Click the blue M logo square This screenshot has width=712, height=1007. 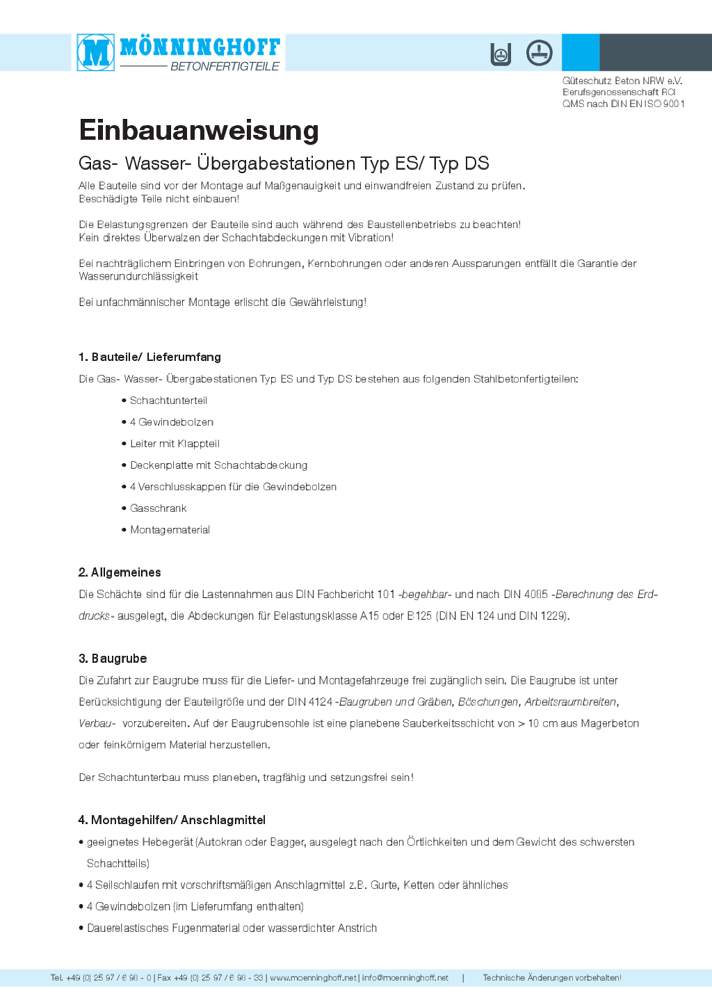point(96,52)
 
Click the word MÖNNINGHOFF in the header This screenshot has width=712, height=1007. point(200,47)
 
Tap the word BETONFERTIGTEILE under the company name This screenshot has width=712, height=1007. point(225,66)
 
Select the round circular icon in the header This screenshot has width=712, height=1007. point(539,53)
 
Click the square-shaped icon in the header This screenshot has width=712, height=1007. point(501,54)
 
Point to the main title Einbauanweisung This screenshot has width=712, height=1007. point(199,130)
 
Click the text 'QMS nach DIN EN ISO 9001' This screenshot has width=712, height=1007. point(623,104)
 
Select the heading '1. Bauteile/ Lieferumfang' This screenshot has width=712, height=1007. point(149,357)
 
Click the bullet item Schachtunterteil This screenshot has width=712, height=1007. point(168,401)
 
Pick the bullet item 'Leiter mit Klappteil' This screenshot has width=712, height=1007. point(175,444)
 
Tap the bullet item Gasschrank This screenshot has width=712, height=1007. point(158,508)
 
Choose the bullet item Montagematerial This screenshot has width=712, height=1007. point(170,530)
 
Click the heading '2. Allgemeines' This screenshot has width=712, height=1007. point(120,572)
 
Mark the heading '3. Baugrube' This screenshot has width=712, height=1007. point(113,659)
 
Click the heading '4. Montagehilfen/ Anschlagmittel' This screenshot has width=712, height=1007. point(172,820)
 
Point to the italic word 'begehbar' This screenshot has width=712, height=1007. point(425,595)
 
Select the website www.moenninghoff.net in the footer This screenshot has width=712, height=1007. point(313,978)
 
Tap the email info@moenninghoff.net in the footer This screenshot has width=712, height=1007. point(405,978)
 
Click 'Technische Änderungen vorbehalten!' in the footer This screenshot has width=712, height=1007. point(552,978)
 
